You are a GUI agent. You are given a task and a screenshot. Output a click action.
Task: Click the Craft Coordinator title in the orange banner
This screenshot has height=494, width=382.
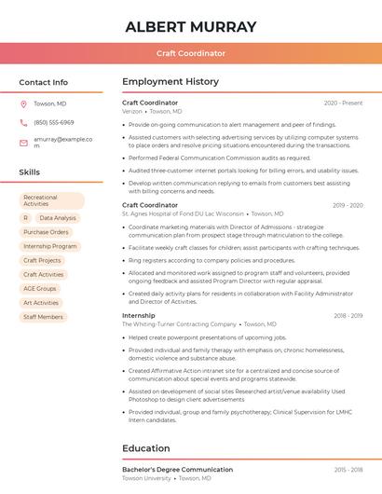pos(190,53)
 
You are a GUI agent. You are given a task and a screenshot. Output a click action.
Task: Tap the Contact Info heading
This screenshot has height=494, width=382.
pos(43,82)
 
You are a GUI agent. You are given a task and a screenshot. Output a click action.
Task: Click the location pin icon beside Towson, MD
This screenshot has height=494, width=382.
pos(23,103)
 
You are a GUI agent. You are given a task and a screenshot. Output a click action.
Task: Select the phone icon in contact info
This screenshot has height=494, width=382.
pos(23,122)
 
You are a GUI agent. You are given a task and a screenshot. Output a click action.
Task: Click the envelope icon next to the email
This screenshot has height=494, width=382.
pos(23,143)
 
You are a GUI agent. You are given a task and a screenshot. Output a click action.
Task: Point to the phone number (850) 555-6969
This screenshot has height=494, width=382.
pos(54,122)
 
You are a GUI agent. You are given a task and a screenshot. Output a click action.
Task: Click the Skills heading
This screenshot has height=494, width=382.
pos(29,172)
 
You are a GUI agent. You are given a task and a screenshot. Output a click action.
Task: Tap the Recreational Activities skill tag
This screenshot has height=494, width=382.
pos(51,200)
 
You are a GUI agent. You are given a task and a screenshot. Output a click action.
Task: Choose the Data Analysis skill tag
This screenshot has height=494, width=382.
pos(58,218)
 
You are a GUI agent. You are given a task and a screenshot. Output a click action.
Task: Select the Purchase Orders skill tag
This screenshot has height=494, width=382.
pos(46,232)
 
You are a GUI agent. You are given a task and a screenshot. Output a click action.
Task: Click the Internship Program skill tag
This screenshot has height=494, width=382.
pos(49,246)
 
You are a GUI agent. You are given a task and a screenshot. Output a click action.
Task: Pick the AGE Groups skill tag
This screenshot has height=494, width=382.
pos(40,289)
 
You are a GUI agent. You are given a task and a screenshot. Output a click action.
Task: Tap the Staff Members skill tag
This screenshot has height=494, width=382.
pos(43,317)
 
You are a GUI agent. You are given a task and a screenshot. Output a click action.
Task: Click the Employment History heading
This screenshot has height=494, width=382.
pos(171,82)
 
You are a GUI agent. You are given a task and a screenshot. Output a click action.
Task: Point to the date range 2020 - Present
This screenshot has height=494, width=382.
pos(343,103)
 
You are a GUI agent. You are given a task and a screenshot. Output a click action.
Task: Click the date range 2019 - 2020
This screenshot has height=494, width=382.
pos(348,205)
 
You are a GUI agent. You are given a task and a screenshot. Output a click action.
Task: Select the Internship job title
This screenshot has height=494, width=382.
pos(139,316)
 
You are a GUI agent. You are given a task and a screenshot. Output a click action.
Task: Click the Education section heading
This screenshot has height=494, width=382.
pos(146,448)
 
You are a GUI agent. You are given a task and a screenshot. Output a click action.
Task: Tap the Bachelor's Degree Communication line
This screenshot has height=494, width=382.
pos(177,470)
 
